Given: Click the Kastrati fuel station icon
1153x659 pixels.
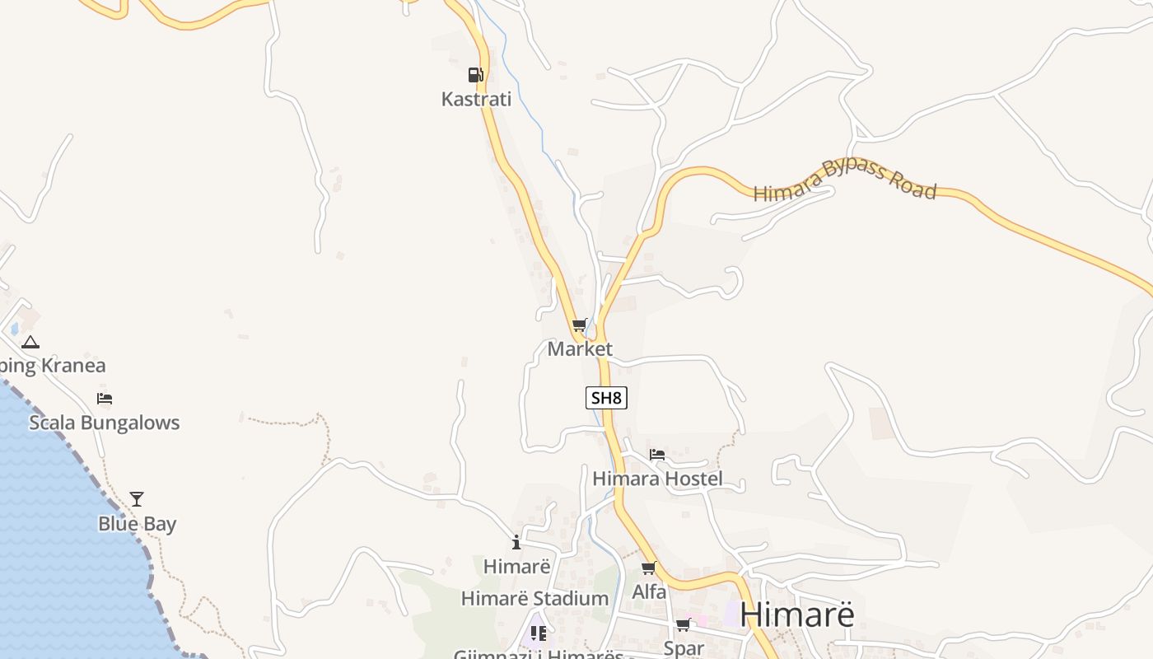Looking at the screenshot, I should pyautogui.click(x=475, y=75).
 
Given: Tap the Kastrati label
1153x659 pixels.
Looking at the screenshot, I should pyautogui.click(x=476, y=100).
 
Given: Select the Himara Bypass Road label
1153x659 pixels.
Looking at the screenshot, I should pyautogui.click(x=845, y=181).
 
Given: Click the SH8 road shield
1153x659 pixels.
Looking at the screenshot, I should pyautogui.click(x=606, y=398).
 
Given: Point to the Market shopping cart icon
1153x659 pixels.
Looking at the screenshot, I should pyautogui.click(x=580, y=325).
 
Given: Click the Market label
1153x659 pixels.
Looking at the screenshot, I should pyautogui.click(x=580, y=349).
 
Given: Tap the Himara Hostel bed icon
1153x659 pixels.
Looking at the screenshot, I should pyautogui.click(x=656, y=454).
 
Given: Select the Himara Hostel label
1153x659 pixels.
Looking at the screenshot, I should pyautogui.click(x=657, y=479).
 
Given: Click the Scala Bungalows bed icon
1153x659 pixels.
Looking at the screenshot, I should pyautogui.click(x=105, y=399).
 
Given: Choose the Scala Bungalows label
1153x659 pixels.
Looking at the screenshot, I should pyautogui.click(x=104, y=423).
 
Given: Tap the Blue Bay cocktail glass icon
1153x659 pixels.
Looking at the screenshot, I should pyautogui.click(x=137, y=499).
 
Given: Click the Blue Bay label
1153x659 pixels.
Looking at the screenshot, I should pyautogui.click(x=137, y=524).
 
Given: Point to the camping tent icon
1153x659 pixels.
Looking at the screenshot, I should pyautogui.click(x=30, y=342).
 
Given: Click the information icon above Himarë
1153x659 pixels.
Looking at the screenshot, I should pyautogui.click(x=516, y=542).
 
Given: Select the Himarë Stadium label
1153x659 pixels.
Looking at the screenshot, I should pyautogui.click(x=534, y=599).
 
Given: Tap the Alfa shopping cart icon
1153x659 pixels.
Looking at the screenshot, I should pyautogui.click(x=649, y=568).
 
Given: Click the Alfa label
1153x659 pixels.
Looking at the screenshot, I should pyautogui.click(x=649, y=591).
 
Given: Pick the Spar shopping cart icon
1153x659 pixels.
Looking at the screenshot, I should pyautogui.click(x=683, y=625).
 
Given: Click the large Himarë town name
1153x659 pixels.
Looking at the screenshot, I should pyautogui.click(x=796, y=615).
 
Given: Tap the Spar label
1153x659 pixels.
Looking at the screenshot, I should pyautogui.click(x=684, y=648).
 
